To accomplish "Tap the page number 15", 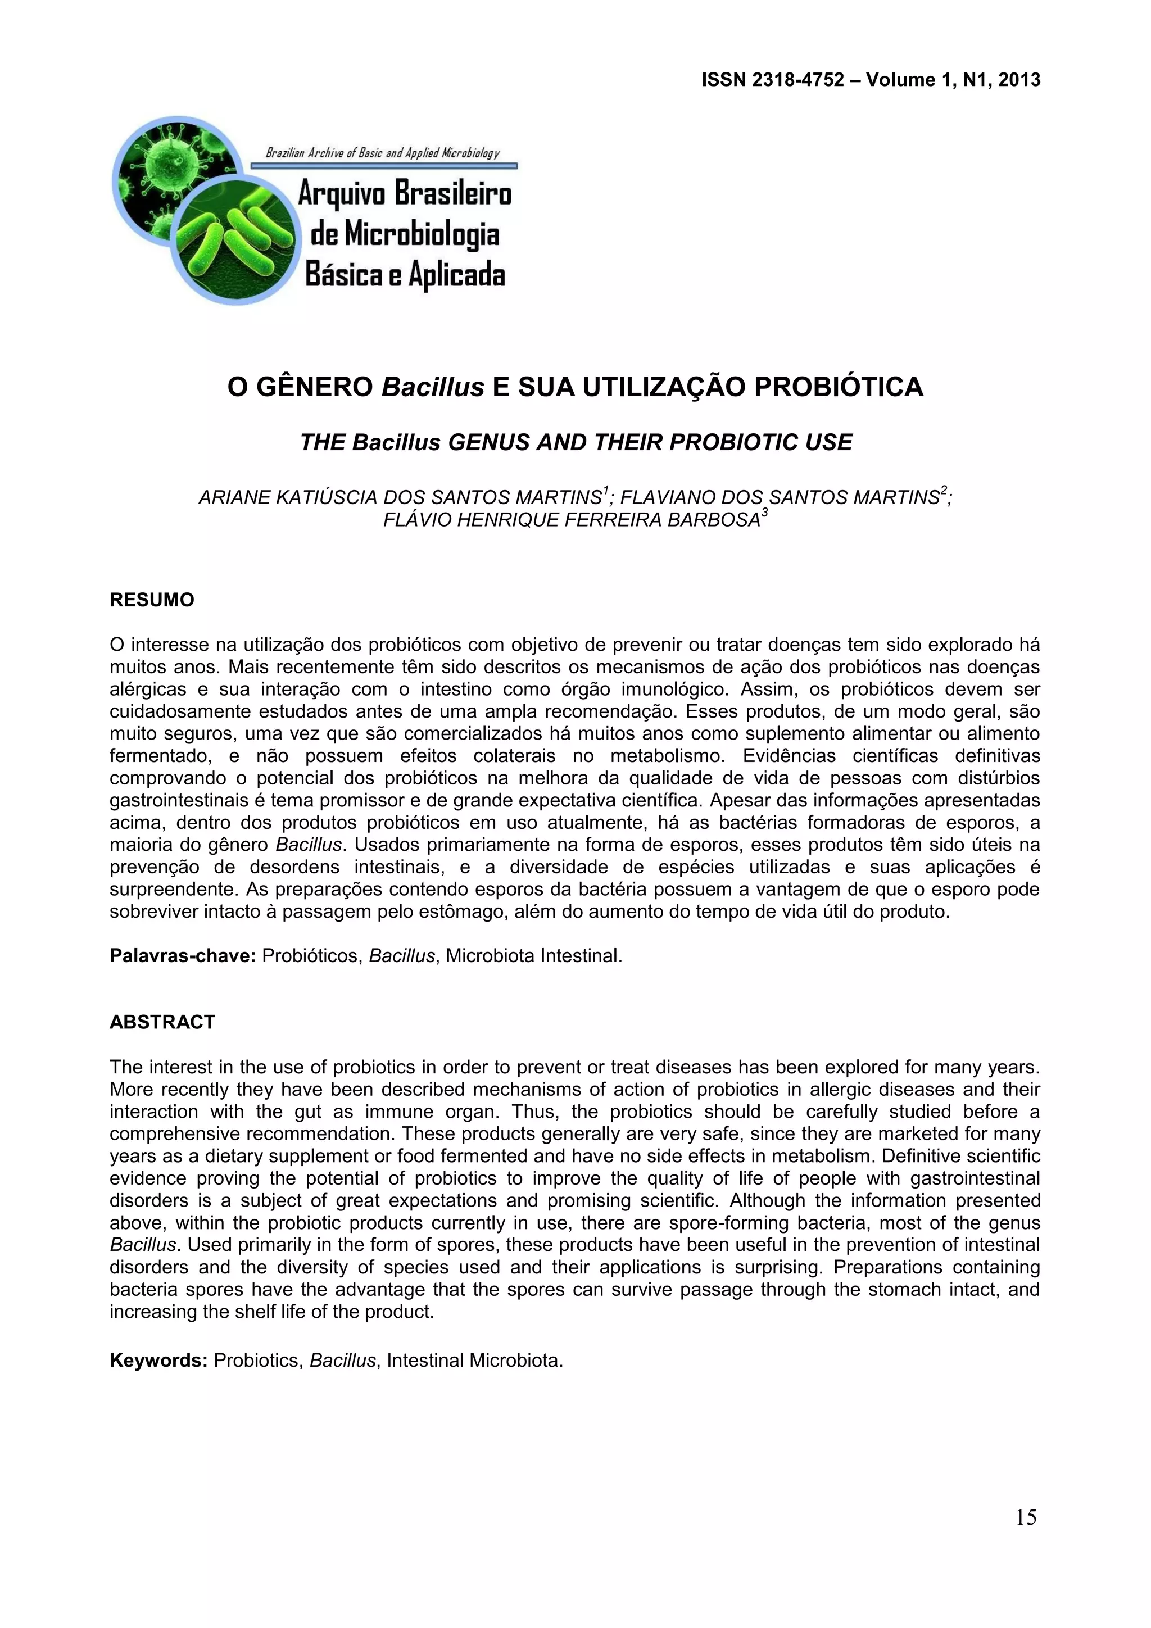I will click(1026, 1517).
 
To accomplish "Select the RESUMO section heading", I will click(152, 600).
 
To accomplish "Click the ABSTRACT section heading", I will click(162, 1022).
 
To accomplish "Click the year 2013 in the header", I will click(1019, 80).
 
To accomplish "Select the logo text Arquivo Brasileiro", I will click(404, 193).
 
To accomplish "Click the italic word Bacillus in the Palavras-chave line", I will click(401, 956).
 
